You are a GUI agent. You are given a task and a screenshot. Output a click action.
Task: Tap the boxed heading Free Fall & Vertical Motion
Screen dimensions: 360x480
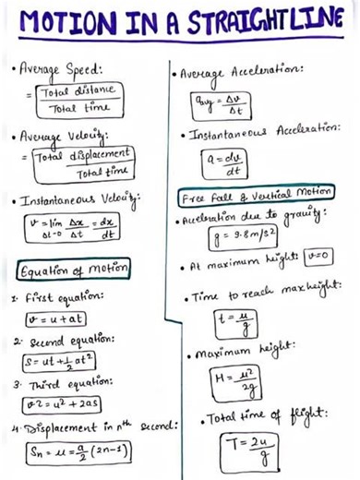pos(256,196)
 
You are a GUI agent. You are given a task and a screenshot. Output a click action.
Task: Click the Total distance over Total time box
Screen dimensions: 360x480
pos(71,99)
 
